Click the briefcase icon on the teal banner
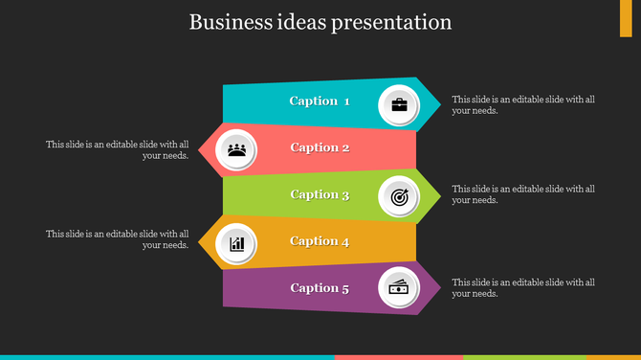coord(399,104)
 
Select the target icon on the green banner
coord(399,197)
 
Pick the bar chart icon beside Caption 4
coord(237,243)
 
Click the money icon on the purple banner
coord(399,288)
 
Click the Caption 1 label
coord(320,101)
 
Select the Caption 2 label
coord(320,147)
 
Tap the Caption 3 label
coord(320,194)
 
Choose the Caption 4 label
coord(320,241)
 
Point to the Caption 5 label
coord(320,287)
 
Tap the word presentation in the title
coord(391,22)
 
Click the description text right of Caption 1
coord(523,104)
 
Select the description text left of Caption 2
coord(118,150)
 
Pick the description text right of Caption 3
coord(523,194)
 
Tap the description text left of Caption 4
coord(118,239)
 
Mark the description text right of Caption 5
coord(523,288)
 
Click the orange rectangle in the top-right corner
coord(626,18)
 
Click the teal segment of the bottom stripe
coord(167,357)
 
